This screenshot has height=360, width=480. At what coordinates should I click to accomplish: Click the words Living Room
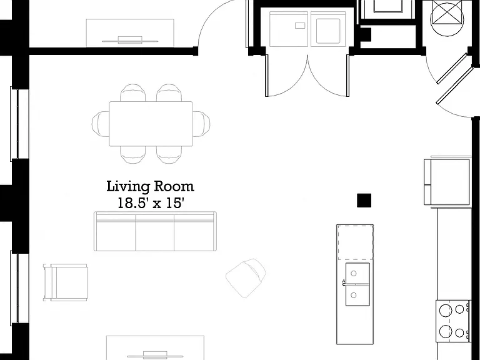[150, 186]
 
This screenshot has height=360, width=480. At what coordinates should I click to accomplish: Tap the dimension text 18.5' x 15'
[151, 203]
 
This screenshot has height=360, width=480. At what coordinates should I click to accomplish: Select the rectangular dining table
[151, 124]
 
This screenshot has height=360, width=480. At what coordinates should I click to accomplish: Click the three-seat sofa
[155, 231]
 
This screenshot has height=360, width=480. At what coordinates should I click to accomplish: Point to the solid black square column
[364, 201]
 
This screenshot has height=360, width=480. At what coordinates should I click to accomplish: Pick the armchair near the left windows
[66, 282]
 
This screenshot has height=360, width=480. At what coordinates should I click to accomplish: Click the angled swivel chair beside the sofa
[246, 277]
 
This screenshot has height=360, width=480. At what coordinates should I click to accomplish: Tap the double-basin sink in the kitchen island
[357, 284]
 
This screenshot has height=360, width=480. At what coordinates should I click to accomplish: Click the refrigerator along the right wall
[447, 182]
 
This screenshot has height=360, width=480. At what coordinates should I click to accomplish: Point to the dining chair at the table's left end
[101, 124]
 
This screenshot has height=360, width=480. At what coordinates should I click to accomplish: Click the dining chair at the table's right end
[201, 124]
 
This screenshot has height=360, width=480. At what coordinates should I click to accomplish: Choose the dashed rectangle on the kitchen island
[356, 242]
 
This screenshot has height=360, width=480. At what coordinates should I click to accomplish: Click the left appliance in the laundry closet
[289, 29]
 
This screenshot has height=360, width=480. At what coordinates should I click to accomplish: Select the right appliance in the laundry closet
[328, 29]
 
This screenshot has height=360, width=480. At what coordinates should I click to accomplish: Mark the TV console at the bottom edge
[155, 348]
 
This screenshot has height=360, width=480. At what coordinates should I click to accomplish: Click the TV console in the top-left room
[130, 33]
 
